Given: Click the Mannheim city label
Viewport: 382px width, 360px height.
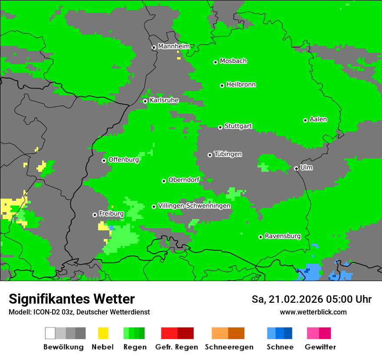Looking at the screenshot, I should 174,46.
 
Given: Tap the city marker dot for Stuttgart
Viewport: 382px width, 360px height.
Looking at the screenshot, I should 220,127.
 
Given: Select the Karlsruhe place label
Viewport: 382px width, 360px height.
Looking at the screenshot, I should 164,100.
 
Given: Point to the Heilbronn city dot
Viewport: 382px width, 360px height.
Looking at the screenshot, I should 222,85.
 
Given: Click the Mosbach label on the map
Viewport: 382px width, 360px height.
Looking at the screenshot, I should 233,61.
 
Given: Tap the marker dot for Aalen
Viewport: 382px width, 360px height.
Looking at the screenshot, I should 305,120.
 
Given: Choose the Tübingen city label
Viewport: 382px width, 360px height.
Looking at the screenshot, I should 228,154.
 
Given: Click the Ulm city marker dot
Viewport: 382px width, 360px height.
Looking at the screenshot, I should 296,168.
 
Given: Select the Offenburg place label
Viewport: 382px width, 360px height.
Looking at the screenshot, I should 123,160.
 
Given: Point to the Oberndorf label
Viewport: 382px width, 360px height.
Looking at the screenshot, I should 184,180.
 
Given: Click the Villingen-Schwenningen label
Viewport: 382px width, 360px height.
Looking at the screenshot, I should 194,206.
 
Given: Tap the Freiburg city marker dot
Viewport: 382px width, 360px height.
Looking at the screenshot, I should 95,215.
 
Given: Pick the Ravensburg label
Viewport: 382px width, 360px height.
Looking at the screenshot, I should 283,236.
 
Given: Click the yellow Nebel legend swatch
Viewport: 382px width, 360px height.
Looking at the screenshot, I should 103,333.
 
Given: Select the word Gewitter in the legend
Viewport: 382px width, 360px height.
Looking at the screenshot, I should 320,347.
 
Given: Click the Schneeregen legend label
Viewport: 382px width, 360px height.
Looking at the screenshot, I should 229,347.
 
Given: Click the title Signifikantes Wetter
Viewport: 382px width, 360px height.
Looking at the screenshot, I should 72,299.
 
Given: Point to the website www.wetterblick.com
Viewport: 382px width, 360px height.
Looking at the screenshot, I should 313,312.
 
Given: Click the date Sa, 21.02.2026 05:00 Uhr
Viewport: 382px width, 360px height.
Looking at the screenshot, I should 311,299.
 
